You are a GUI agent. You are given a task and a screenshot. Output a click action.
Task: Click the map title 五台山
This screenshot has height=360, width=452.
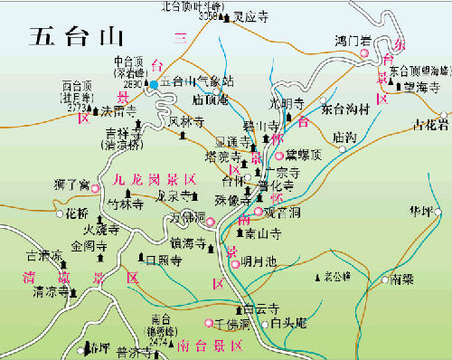point(74,36)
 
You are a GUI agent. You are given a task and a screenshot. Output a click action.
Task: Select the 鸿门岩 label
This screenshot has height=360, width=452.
point(353,40)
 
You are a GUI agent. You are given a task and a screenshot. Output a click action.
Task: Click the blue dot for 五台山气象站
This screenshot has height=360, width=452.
point(155,84)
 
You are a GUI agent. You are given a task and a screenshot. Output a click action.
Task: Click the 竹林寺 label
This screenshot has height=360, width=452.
point(126,204)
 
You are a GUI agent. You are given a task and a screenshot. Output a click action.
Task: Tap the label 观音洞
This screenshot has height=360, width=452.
point(280,213)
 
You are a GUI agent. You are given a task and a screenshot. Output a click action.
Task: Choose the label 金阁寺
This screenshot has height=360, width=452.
point(89,245)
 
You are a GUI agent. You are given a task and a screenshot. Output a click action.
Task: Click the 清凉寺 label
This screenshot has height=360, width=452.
point(50,292)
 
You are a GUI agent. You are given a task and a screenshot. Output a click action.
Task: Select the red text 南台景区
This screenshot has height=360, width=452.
point(209,345)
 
